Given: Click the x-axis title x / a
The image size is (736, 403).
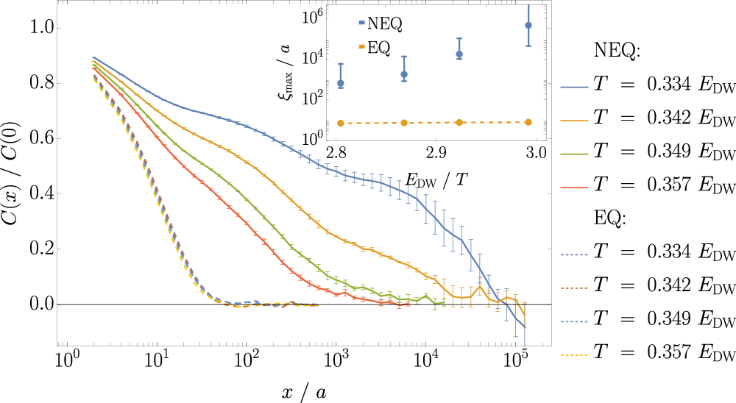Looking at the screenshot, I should coord(304,393).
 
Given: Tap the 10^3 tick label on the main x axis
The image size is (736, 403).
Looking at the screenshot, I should coord(336,362).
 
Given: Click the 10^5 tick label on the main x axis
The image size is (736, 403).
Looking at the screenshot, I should coord(517,362).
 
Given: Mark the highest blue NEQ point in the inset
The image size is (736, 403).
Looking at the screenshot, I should coord(527,25).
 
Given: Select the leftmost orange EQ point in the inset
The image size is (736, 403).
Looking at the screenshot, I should coord(340,123).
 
